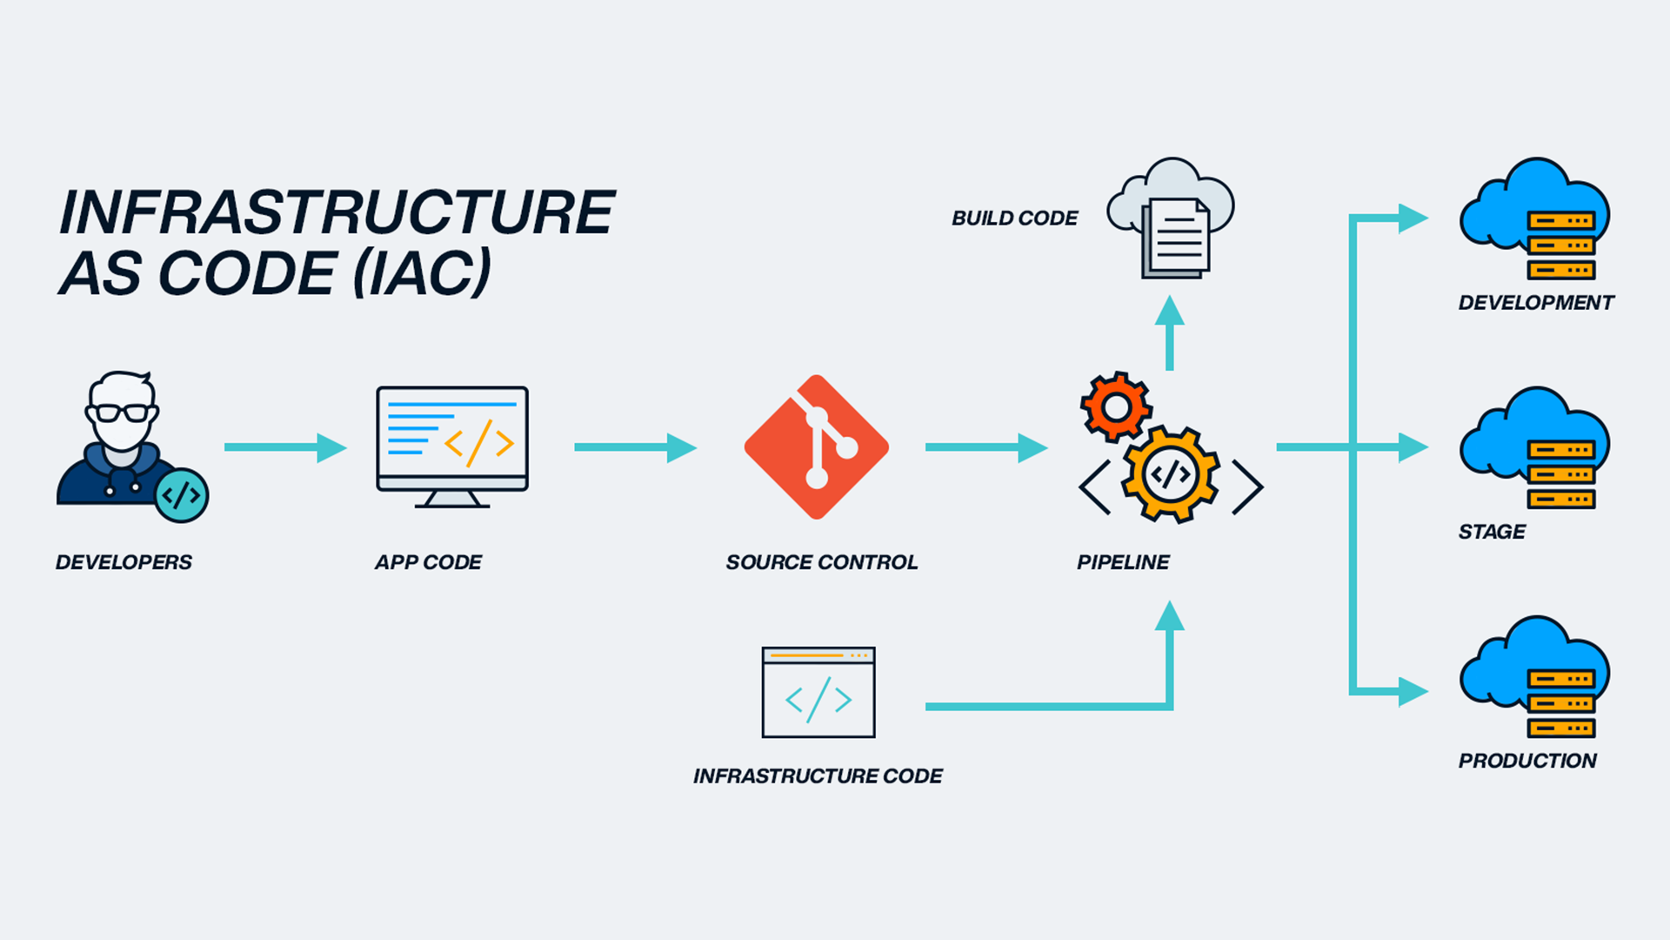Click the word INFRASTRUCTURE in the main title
coord(337,212)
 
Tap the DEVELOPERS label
coord(124,562)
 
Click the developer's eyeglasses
coord(123,413)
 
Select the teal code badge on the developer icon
coord(181,495)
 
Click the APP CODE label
coord(428,562)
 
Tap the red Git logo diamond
coord(816,447)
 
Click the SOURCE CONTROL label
coord(822,562)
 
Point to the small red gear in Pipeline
coord(1116,406)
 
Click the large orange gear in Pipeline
coord(1170,474)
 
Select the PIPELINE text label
coord(1123,562)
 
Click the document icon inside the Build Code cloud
coord(1177,238)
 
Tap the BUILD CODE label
coord(1014,218)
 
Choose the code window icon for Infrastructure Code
coord(818,693)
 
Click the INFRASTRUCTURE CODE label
coord(818,775)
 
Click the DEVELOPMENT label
coord(1536,303)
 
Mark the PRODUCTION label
coord(1527,761)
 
